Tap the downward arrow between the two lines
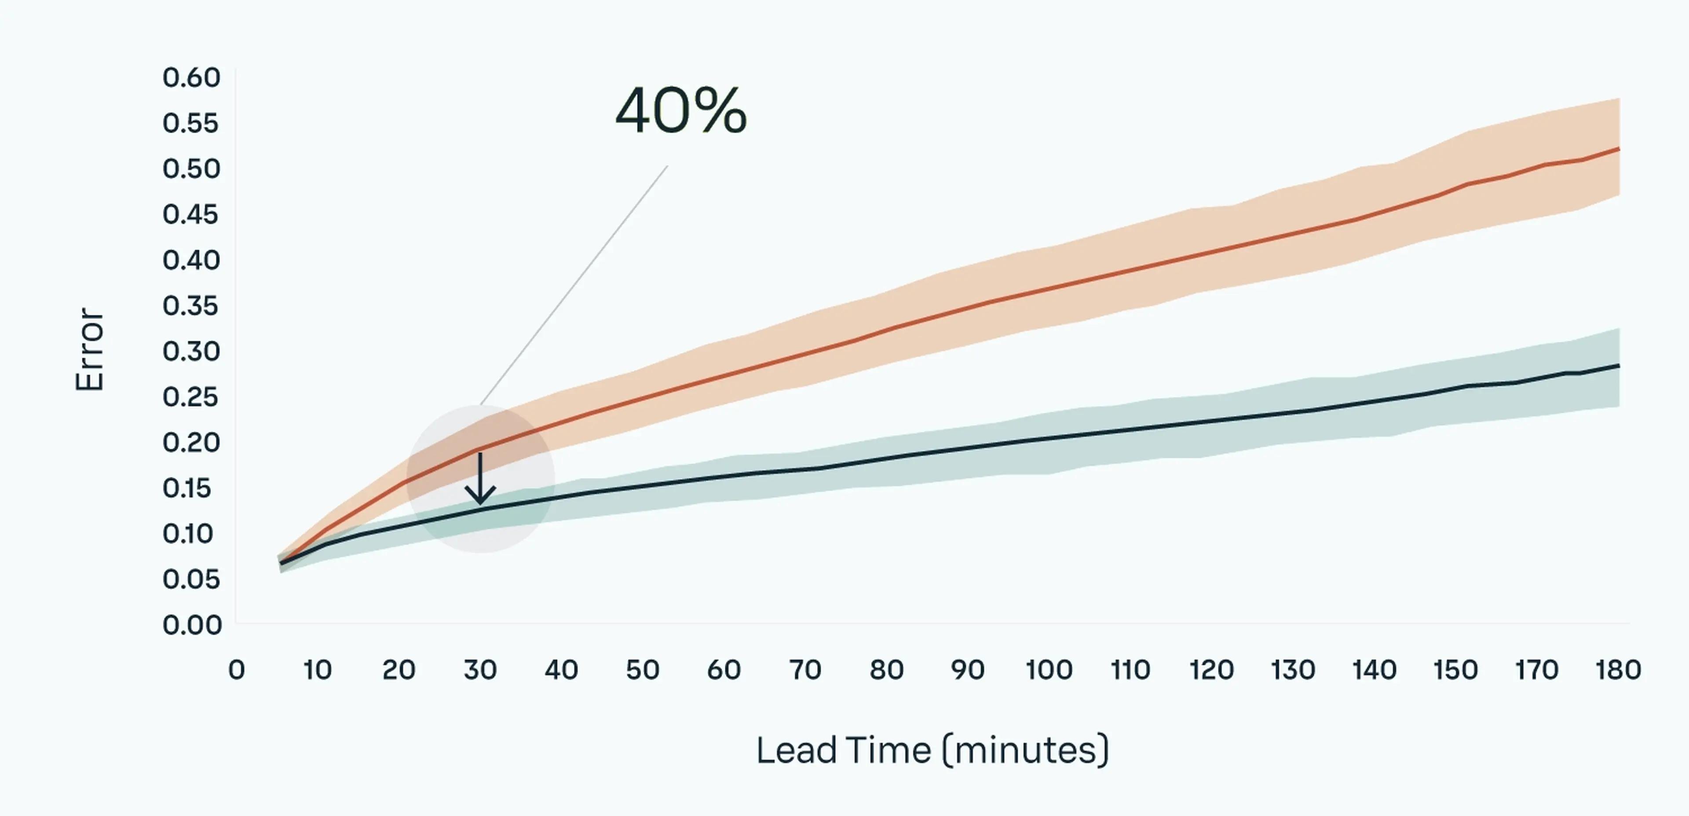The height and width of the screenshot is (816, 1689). point(480,478)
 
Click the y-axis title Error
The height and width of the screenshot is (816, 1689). point(90,350)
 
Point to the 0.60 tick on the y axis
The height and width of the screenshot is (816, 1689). point(191,78)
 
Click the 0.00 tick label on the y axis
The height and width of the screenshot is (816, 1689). point(191,625)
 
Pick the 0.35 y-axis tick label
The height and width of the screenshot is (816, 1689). point(191,306)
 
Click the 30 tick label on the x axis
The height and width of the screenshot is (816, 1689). point(480,670)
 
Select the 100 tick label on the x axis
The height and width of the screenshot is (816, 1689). point(1049,670)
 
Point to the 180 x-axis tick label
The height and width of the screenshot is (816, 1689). point(1618,670)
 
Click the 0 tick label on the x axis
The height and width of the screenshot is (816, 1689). point(236,670)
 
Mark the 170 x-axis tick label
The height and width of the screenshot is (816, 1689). point(1536,670)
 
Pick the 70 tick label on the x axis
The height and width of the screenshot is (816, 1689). point(805,670)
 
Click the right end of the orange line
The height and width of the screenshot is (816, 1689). point(1618,149)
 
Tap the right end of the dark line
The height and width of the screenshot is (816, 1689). point(1618,366)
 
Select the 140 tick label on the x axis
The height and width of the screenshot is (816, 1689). point(1374,670)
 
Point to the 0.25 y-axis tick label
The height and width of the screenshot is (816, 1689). point(191,397)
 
